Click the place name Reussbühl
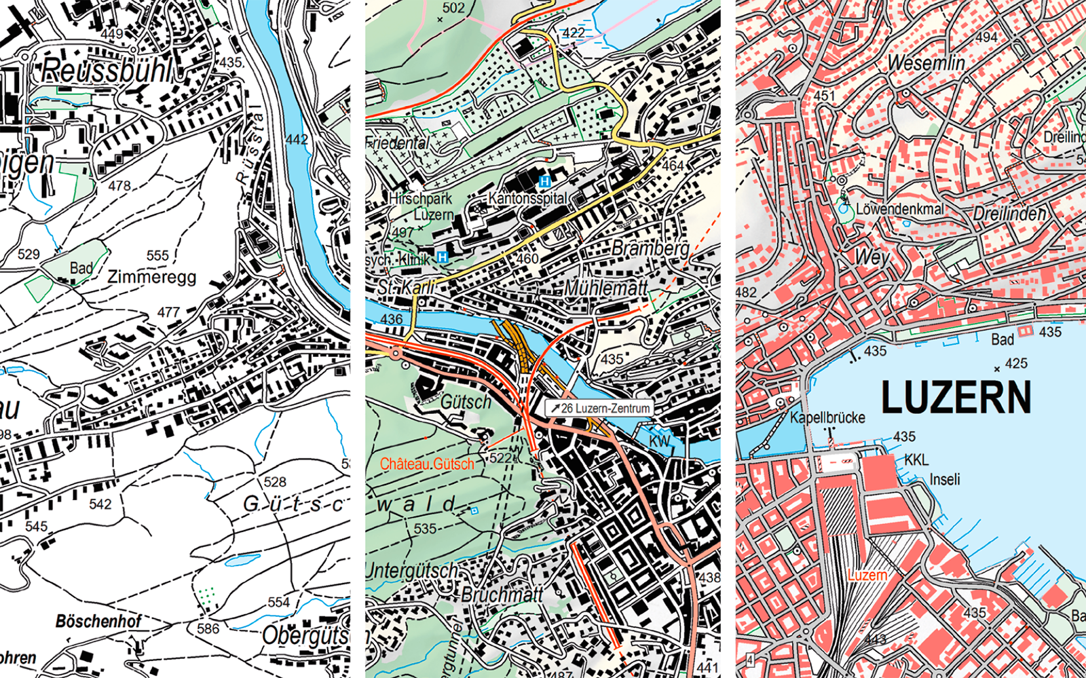coord(107,71)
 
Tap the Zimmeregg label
coord(152,277)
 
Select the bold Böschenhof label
coord(98,621)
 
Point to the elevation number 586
coord(208,628)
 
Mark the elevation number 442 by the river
coord(297,140)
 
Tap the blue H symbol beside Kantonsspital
coord(544,181)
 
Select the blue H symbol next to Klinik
coord(443,257)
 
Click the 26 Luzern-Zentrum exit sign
coord(600,408)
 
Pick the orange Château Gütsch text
coord(427,464)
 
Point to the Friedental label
coord(398,143)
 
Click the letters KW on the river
coord(659,441)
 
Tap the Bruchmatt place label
coord(502,595)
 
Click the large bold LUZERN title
coord(956,398)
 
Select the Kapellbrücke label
coord(827,417)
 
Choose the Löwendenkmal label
coord(899,209)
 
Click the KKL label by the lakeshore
coord(916,460)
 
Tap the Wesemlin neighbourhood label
coord(926,63)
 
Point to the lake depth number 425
coord(1016,363)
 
